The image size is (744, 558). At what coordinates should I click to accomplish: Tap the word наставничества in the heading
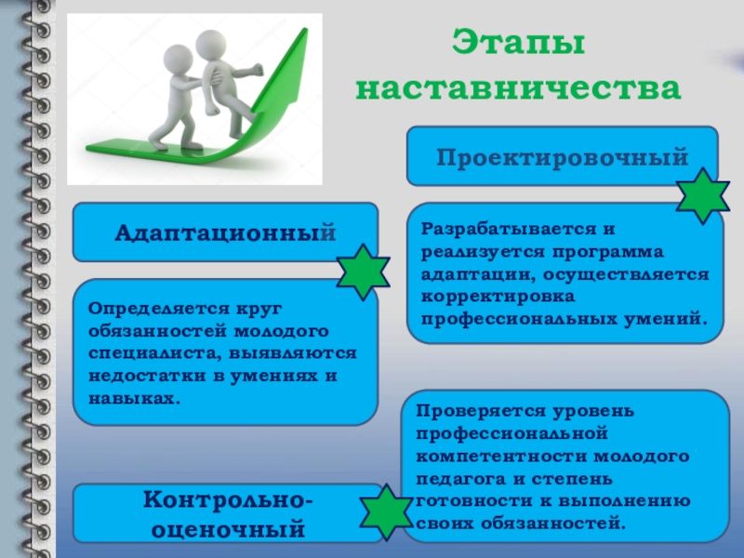(519, 87)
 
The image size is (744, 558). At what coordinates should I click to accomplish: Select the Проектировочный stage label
(563, 157)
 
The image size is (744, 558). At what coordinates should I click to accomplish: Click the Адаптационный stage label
(225, 233)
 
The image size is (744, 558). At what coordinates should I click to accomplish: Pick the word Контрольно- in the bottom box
(228, 500)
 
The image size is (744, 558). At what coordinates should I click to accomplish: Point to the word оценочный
(228, 529)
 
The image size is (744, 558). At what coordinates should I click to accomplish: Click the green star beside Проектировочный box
(703, 195)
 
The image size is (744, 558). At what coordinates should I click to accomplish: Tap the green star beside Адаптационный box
(363, 272)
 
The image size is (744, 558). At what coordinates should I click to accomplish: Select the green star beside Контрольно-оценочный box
(386, 512)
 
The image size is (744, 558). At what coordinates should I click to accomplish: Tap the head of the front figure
(211, 45)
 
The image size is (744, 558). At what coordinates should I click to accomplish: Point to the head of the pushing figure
(179, 60)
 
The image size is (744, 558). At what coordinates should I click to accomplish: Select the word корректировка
(498, 297)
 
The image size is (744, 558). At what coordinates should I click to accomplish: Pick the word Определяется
(159, 309)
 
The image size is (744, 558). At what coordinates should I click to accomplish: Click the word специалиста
(155, 354)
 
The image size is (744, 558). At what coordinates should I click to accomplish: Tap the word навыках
(134, 399)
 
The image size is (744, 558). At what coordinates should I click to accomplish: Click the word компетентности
(501, 457)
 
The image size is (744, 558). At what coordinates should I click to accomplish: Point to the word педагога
(460, 479)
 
